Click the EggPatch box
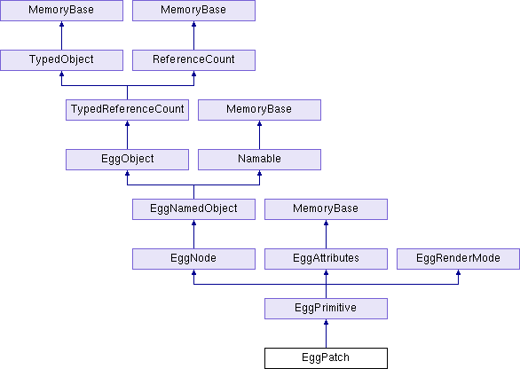click(326, 358)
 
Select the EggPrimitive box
click(326, 309)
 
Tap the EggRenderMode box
click(458, 259)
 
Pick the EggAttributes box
click(326, 259)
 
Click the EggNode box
click(193, 259)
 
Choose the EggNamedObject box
click(193, 208)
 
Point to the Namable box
click(259, 160)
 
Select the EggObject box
click(128, 160)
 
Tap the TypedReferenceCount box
click(128, 110)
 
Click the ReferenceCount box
click(193, 60)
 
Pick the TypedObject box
click(62, 60)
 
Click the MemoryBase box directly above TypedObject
click(62, 11)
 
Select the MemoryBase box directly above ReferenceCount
click(193, 11)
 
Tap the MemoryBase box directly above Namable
click(259, 110)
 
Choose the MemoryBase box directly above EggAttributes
click(326, 208)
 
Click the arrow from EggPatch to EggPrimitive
click(326, 334)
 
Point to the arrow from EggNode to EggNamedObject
click(193, 234)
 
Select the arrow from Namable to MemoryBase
click(259, 135)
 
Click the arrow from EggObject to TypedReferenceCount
click(128, 135)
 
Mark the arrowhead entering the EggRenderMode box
click(458, 272)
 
